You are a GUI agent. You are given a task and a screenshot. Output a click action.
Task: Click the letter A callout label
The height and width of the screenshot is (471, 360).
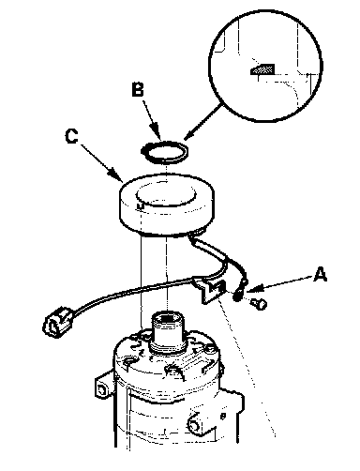[x=320, y=275]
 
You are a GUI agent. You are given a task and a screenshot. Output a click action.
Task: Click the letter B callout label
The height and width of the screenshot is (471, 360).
[x=138, y=88]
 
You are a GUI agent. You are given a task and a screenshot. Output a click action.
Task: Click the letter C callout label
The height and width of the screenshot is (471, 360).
[x=72, y=136]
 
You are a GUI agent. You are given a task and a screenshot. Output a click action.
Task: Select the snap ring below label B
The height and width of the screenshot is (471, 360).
[x=164, y=152]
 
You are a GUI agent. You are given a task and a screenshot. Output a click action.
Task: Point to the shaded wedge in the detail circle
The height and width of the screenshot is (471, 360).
[x=262, y=69]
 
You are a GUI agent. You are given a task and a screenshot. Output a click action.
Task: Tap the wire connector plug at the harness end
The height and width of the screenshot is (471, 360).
[x=58, y=322]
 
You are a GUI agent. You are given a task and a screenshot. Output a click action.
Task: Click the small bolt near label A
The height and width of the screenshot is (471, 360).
[x=259, y=303]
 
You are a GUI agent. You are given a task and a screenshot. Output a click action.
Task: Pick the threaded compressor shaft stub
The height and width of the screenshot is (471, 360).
[x=168, y=333]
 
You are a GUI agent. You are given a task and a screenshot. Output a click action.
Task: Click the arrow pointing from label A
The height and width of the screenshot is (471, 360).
[x=279, y=284]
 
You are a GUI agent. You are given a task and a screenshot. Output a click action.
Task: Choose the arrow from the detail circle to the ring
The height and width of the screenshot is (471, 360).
[x=203, y=122]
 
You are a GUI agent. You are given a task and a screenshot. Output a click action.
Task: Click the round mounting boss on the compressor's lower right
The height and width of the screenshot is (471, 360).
[x=194, y=424]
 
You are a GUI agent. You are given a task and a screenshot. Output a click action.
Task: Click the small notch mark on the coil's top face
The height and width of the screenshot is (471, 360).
[x=141, y=205]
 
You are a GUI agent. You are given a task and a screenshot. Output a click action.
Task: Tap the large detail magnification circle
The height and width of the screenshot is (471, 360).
[x=265, y=66]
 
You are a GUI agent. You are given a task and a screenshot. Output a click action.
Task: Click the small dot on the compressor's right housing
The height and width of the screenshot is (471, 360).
[x=223, y=416]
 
